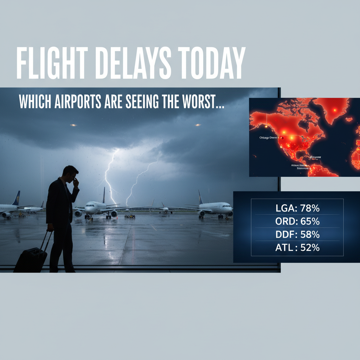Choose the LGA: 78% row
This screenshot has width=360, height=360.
coord(297,208)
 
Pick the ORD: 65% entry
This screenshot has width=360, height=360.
coord(297,221)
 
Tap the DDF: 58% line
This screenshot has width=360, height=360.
coord(297,234)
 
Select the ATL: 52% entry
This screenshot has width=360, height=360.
coord(297,247)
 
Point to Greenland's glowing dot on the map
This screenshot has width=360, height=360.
coord(334,110)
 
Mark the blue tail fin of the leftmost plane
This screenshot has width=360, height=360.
coord(16,199)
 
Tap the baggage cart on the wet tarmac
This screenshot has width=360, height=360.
coord(130,216)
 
